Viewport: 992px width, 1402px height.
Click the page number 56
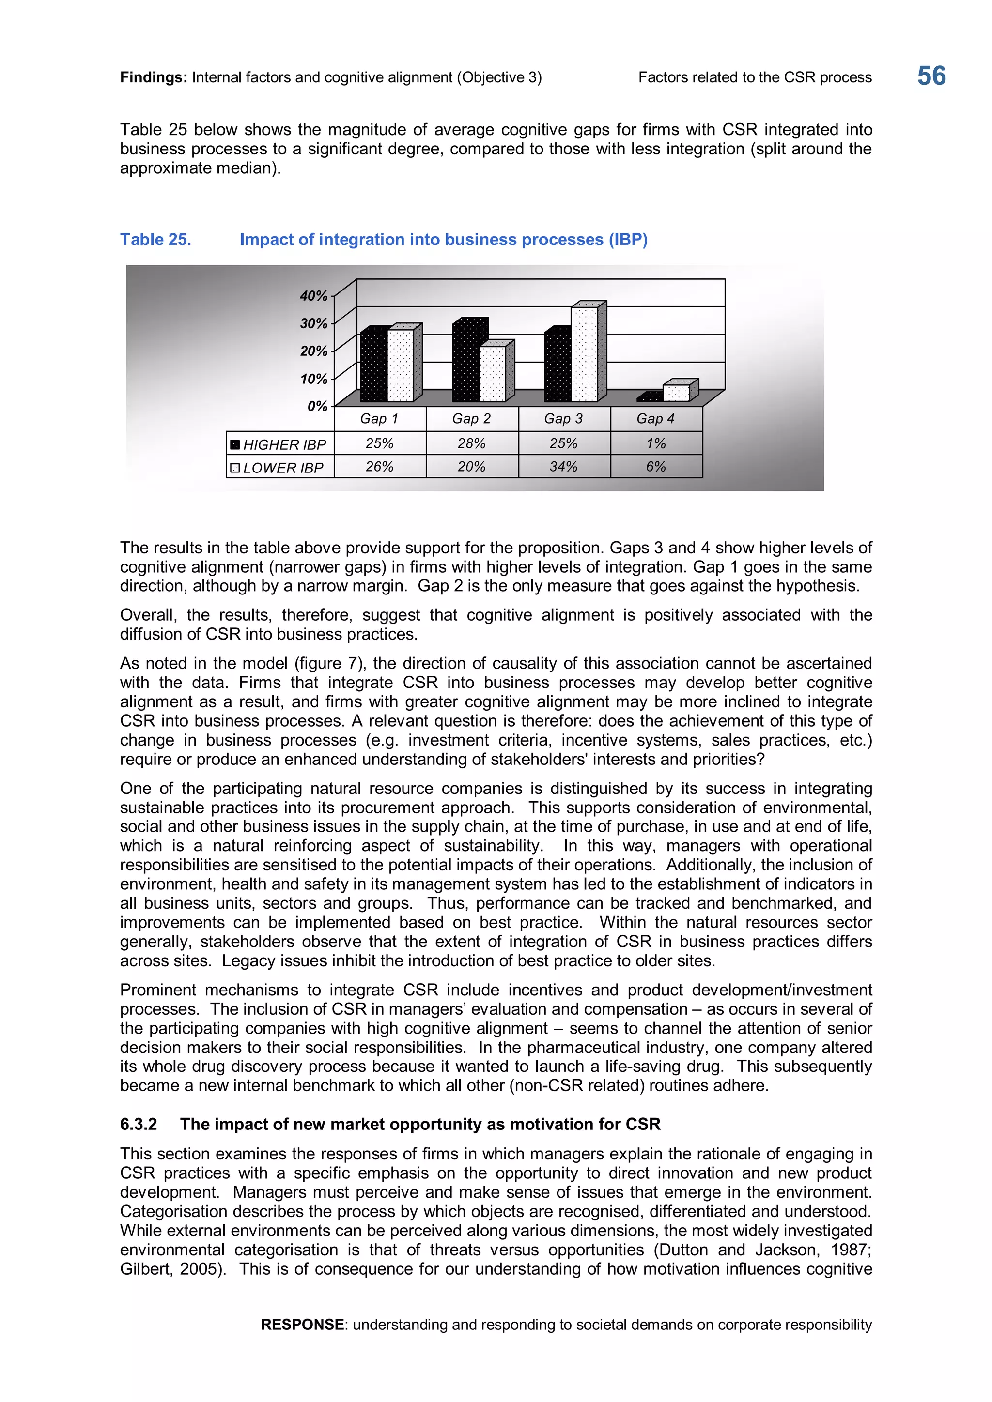931,76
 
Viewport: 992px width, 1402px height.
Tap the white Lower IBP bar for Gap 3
585,354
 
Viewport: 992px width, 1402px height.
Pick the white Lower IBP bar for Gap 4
676,393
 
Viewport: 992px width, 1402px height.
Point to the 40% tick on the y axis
314,296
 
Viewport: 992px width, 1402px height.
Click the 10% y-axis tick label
314,379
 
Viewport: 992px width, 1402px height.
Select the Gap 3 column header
563,419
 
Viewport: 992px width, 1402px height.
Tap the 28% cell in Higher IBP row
472,443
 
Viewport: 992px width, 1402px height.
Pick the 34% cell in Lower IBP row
563,467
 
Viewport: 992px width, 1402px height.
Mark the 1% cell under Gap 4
655,443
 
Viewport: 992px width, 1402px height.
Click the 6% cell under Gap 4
655,467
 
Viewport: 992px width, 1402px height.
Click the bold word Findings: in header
154,77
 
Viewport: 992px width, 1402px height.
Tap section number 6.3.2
139,1124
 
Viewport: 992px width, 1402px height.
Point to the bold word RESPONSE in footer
302,1325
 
